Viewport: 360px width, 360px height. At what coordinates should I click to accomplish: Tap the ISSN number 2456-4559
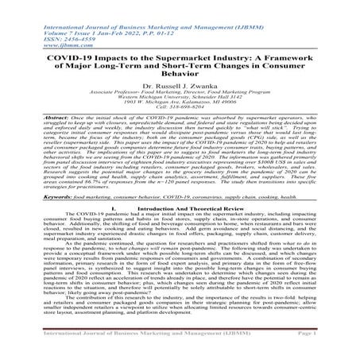tap(47, 21)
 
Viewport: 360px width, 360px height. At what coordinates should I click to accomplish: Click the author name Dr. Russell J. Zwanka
tap(180, 82)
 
